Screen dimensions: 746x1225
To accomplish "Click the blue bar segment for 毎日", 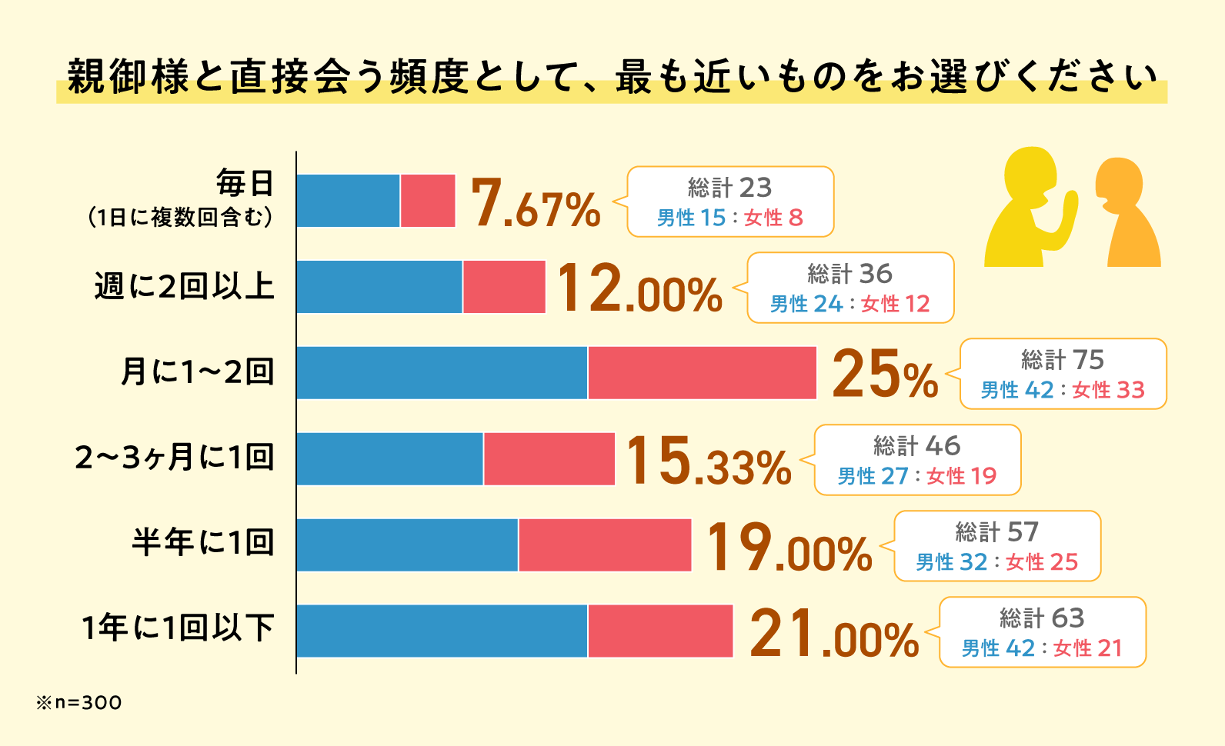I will [x=348, y=201].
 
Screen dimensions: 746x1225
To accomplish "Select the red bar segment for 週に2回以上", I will [x=504, y=287].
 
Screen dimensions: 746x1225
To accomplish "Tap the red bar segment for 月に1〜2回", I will [x=702, y=373].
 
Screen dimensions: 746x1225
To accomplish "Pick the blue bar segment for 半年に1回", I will [x=407, y=545].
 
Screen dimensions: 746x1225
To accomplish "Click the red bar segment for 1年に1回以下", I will [x=660, y=631].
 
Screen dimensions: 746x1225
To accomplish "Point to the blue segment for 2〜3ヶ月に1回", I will [x=390, y=459].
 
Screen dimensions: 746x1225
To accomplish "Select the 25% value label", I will [x=885, y=375].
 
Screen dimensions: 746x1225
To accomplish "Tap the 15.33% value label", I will [x=708, y=461].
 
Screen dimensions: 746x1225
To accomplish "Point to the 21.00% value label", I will [x=834, y=634].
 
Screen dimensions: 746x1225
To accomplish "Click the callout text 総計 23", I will [x=729, y=188].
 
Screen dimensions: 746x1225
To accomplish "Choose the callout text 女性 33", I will [x=1108, y=390].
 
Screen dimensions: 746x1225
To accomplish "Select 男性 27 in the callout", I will [x=873, y=476].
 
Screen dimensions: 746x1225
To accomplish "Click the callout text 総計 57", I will [x=996, y=532].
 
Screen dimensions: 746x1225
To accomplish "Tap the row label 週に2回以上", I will [x=185, y=286].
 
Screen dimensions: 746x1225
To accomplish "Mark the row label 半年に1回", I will [x=203, y=543].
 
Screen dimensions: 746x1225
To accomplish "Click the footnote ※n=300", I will [x=78, y=702].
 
